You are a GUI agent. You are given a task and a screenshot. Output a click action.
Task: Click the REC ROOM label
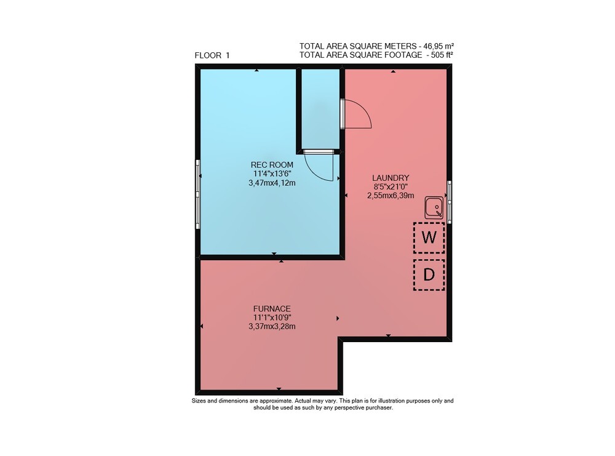point(272,165)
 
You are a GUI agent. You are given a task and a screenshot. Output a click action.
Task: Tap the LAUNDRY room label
point(391,178)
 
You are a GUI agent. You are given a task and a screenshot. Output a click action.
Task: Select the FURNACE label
point(272,309)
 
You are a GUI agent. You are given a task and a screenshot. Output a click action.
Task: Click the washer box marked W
point(429,238)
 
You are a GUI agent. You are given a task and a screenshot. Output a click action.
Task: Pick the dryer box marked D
point(429,274)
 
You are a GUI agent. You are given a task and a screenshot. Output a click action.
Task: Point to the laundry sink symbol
point(434,207)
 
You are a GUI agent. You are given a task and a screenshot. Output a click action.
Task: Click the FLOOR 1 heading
point(212,55)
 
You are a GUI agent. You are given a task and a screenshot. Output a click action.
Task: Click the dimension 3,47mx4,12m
point(272,183)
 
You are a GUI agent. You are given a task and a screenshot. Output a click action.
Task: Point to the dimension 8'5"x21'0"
point(391,187)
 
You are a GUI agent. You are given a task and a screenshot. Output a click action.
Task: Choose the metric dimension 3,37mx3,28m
point(272,326)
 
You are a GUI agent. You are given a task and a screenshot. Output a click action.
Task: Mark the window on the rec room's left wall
point(198,194)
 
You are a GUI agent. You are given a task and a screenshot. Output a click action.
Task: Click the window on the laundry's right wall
point(449,202)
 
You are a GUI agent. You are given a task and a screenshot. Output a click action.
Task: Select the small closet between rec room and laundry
point(320,109)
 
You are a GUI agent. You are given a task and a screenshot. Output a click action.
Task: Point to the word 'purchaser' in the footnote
point(378,408)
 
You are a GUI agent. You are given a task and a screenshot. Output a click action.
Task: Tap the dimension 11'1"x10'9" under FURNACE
point(272,318)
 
